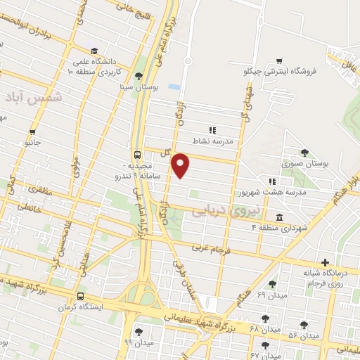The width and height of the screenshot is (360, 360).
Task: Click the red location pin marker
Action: click(181, 165)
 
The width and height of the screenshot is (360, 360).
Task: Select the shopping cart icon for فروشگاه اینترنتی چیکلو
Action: click(280, 61)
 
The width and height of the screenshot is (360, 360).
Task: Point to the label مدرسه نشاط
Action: click(229, 140)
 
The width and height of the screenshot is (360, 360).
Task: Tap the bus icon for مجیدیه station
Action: click(136, 155)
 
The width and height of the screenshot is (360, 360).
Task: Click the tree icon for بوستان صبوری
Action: click(304, 153)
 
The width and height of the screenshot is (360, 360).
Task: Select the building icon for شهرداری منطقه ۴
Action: click(280, 217)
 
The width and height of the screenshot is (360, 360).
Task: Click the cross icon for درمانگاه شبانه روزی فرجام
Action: click(325, 262)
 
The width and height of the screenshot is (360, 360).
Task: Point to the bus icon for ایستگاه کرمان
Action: click(82, 296)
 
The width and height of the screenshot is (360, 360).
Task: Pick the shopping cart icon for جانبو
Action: click(32, 131)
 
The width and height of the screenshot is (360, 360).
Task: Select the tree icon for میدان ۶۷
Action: click(265, 345)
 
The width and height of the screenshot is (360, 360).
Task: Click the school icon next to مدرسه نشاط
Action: click(212, 129)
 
